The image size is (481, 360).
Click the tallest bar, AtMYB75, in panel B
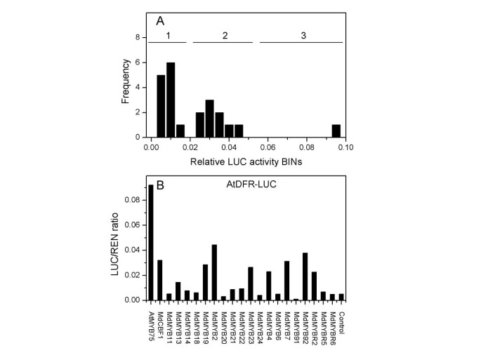pos(150,242)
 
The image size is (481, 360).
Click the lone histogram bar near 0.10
pos(336,131)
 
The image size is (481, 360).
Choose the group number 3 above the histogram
pos(301,34)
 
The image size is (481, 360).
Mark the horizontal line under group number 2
pos(223,43)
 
